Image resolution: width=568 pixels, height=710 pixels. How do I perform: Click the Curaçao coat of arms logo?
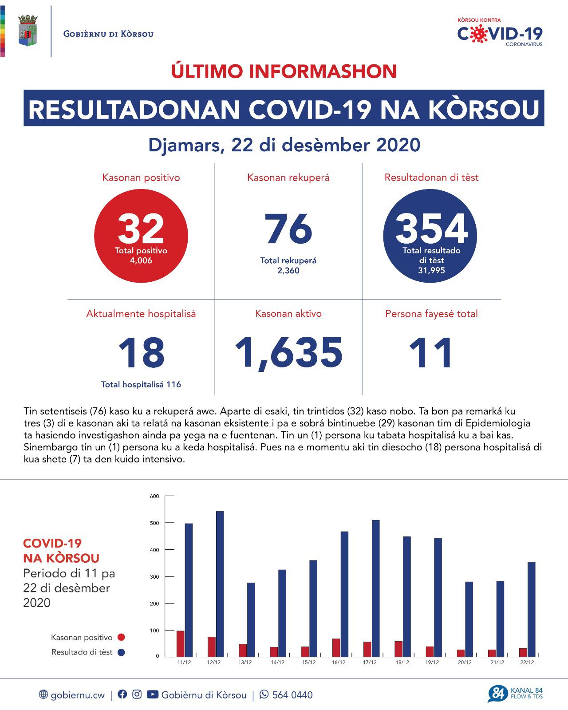(x=28, y=31)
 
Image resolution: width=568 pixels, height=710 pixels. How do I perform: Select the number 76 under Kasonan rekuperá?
(x=288, y=229)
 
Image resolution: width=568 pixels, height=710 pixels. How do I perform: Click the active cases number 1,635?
(x=288, y=353)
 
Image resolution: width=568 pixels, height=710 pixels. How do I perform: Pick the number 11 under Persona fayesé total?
(x=431, y=353)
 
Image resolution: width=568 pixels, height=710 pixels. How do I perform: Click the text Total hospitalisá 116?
(x=141, y=385)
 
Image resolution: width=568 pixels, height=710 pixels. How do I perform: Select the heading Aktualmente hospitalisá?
(x=141, y=314)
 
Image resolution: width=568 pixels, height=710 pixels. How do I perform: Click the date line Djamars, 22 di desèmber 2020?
(x=284, y=145)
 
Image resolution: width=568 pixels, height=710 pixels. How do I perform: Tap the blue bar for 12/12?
(x=220, y=584)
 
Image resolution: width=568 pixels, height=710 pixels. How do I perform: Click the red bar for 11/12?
(x=181, y=643)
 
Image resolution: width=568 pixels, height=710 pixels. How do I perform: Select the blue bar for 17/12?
(x=376, y=588)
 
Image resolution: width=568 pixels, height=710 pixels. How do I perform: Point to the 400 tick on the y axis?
(x=154, y=550)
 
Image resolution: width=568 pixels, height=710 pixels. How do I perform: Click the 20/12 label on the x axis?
(x=465, y=663)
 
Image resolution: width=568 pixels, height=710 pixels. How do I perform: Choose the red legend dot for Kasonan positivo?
(x=121, y=638)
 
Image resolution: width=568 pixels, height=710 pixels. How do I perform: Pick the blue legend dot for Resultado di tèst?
(x=121, y=652)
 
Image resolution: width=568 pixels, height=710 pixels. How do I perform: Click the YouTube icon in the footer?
(x=152, y=694)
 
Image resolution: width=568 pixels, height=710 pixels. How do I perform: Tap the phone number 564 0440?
(x=292, y=695)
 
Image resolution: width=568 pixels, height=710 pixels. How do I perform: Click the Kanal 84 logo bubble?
(x=497, y=694)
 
